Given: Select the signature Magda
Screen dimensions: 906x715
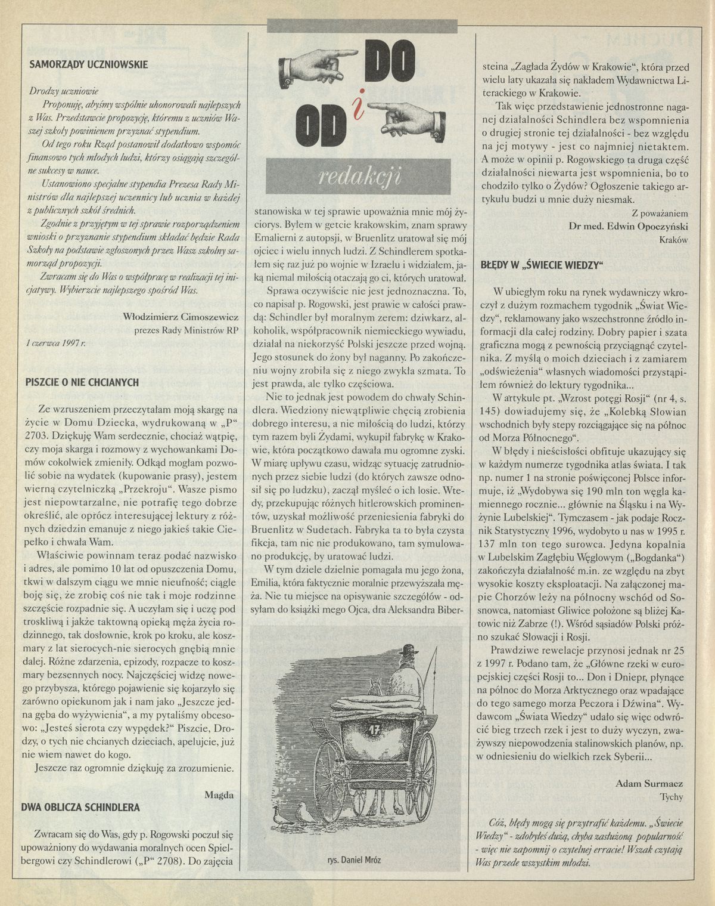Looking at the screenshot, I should (x=219, y=794).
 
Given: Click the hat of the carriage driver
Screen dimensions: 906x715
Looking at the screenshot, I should (x=408, y=650).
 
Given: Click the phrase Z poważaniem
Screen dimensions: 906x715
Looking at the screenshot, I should (x=661, y=212).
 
